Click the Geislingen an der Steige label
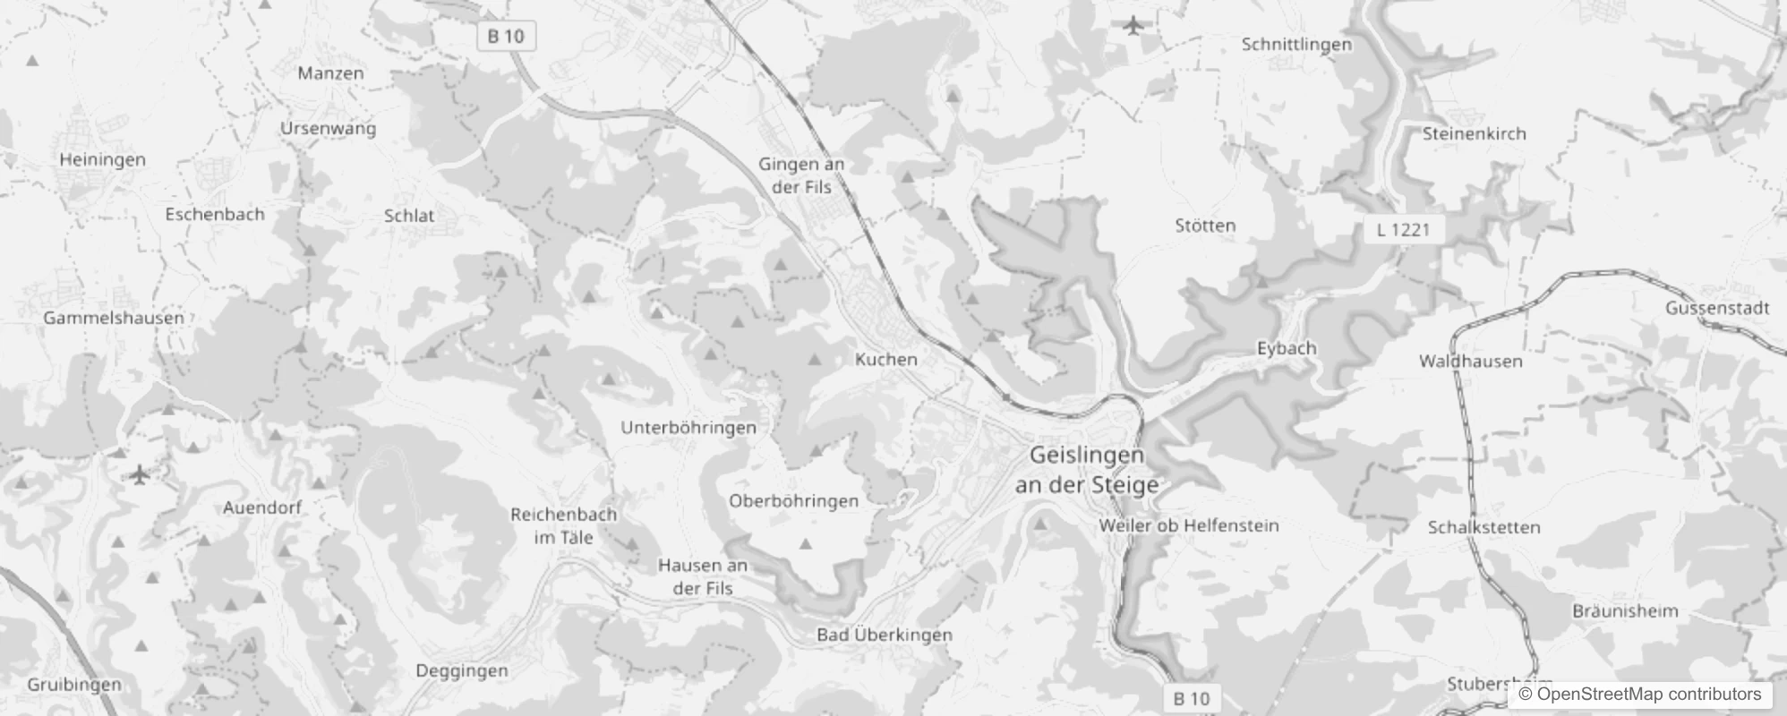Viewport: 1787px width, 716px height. pyautogui.click(x=1086, y=470)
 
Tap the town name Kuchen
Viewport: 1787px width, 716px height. pyautogui.click(x=886, y=359)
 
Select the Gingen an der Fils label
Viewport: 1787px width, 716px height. pyautogui.click(x=801, y=175)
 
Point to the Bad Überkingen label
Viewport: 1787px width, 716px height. pyautogui.click(x=885, y=635)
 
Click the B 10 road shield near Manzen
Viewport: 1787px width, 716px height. pyautogui.click(x=506, y=36)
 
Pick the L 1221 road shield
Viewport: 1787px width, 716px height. pyautogui.click(x=1403, y=229)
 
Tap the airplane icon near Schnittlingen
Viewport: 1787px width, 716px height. pyautogui.click(x=1134, y=25)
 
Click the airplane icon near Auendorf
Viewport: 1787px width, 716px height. pyautogui.click(x=139, y=473)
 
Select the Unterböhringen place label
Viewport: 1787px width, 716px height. pyautogui.click(x=688, y=428)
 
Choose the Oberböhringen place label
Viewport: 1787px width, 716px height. pyautogui.click(x=793, y=501)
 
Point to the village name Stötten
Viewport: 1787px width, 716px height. pyautogui.click(x=1205, y=226)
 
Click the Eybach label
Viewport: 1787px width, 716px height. pyautogui.click(x=1287, y=348)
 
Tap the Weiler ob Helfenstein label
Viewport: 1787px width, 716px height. pyautogui.click(x=1189, y=525)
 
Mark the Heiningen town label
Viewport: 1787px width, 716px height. pyautogui.click(x=102, y=159)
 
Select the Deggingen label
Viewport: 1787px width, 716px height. pyautogui.click(x=462, y=670)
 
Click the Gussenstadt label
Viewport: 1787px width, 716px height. pyautogui.click(x=1717, y=308)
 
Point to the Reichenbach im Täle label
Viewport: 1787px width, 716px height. pyautogui.click(x=563, y=526)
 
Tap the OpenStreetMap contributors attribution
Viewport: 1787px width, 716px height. pyautogui.click(x=1639, y=694)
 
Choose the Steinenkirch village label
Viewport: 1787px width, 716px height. pyautogui.click(x=1474, y=133)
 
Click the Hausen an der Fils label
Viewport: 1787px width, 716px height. pyautogui.click(x=703, y=576)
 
